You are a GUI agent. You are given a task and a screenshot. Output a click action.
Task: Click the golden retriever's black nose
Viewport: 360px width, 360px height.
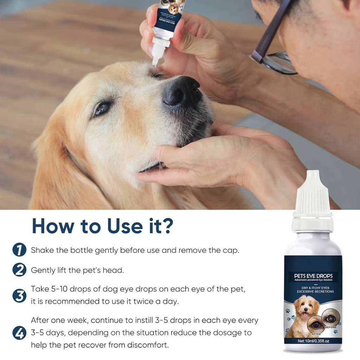(x=181, y=92)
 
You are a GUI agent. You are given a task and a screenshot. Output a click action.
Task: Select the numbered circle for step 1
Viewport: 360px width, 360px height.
(x=19, y=250)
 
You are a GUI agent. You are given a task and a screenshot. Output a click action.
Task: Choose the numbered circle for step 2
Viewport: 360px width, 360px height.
(x=19, y=270)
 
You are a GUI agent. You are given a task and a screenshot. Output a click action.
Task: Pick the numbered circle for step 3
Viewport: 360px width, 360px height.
(x=19, y=295)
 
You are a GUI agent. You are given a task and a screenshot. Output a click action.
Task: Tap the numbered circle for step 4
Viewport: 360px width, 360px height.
(x=19, y=333)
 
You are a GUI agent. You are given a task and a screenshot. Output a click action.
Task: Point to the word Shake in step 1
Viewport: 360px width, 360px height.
(x=42, y=250)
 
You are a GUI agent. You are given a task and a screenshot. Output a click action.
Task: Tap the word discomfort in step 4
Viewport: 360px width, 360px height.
(x=149, y=345)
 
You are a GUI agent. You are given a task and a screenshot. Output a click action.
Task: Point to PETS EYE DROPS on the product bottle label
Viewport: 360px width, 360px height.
(x=313, y=275)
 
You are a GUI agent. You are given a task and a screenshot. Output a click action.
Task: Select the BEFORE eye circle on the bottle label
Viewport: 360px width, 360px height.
(x=330, y=319)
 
